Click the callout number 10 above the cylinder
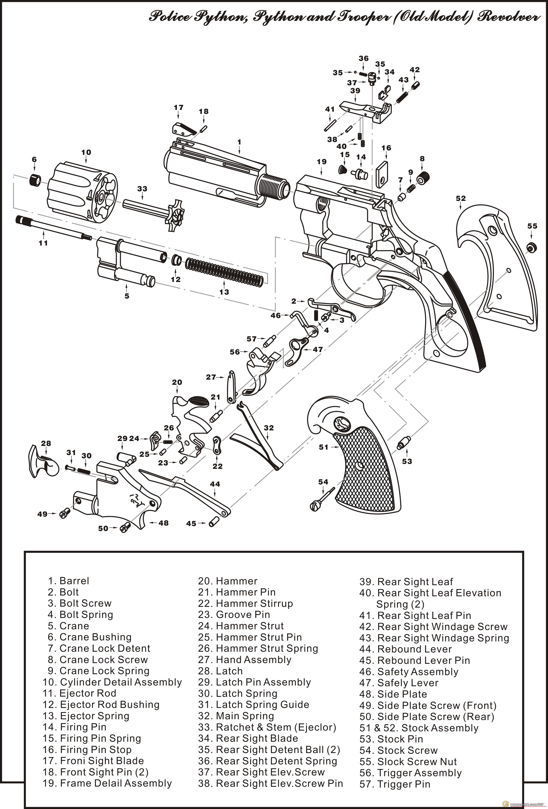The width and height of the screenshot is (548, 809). point(86,152)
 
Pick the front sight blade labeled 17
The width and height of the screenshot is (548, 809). point(184,129)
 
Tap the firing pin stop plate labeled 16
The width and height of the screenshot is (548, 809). point(383,174)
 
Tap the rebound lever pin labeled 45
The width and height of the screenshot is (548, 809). point(213,522)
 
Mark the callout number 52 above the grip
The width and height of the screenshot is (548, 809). point(461,198)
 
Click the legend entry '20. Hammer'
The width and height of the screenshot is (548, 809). point(228,581)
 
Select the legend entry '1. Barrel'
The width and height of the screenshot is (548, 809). point(68,581)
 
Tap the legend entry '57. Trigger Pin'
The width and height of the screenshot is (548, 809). point(395,784)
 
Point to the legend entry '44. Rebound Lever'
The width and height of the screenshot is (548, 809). point(405,649)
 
